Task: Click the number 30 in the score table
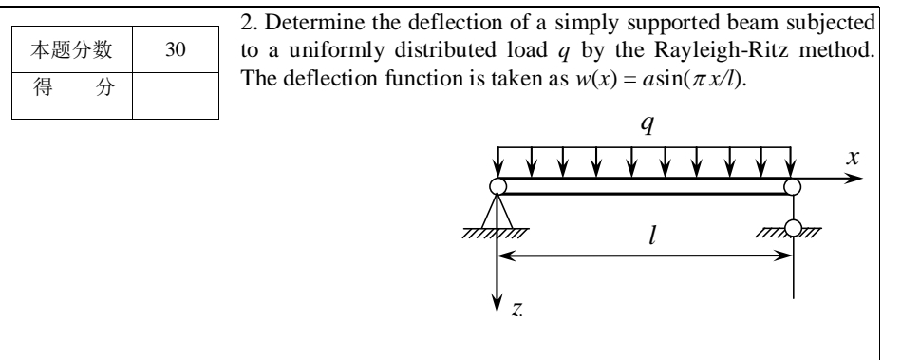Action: [x=176, y=51]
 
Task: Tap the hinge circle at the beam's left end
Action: [x=497, y=186]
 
